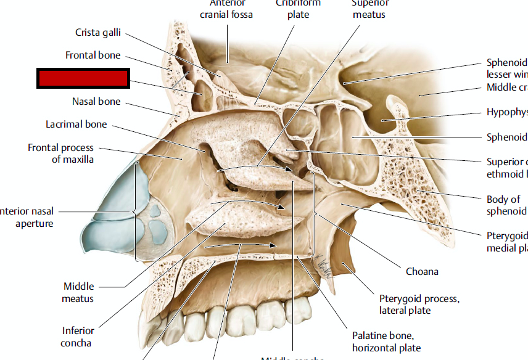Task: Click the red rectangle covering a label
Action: pos(82,78)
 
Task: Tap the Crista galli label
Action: pos(97,32)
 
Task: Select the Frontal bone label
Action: pos(93,55)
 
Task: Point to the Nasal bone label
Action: pos(96,101)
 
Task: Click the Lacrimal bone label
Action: pos(76,124)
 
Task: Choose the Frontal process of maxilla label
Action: pos(60,153)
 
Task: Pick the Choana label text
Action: pos(422,271)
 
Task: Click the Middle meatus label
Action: pos(78,292)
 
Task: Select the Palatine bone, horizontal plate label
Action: pos(386,342)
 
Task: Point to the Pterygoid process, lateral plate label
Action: pos(419,305)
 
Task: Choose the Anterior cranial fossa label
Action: pos(226,9)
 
